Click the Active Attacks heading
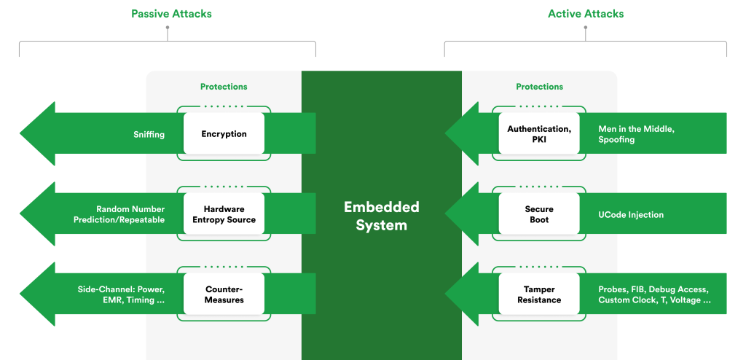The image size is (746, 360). (x=586, y=14)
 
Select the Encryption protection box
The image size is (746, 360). (x=224, y=134)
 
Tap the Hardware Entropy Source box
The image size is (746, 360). (x=224, y=214)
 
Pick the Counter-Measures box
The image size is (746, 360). (x=224, y=294)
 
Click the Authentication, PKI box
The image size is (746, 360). (x=539, y=134)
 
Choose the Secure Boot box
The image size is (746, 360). (x=539, y=214)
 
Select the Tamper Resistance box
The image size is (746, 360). (x=539, y=294)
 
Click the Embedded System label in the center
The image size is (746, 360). (x=381, y=216)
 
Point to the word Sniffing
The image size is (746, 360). (x=149, y=134)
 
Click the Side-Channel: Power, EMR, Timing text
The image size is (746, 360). (x=121, y=294)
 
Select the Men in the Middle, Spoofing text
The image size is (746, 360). (x=636, y=134)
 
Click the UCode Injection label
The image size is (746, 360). (x=631, y=214)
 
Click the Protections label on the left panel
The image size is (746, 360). (x=224, y=87)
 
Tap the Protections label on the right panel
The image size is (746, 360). (x=539, y=87)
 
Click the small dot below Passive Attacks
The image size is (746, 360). (x=168, y=28)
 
